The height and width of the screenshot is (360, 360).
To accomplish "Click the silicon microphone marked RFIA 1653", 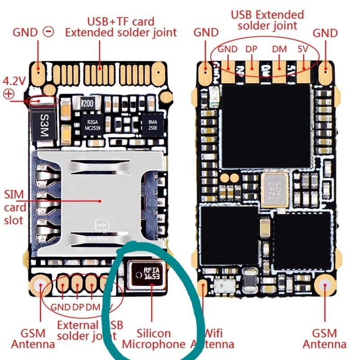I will (145, 274).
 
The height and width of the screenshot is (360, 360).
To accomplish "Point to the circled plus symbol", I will (9, 94).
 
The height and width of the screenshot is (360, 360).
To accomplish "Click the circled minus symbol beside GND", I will (48, 31).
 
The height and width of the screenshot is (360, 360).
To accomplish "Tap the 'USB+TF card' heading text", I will (121, 21).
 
